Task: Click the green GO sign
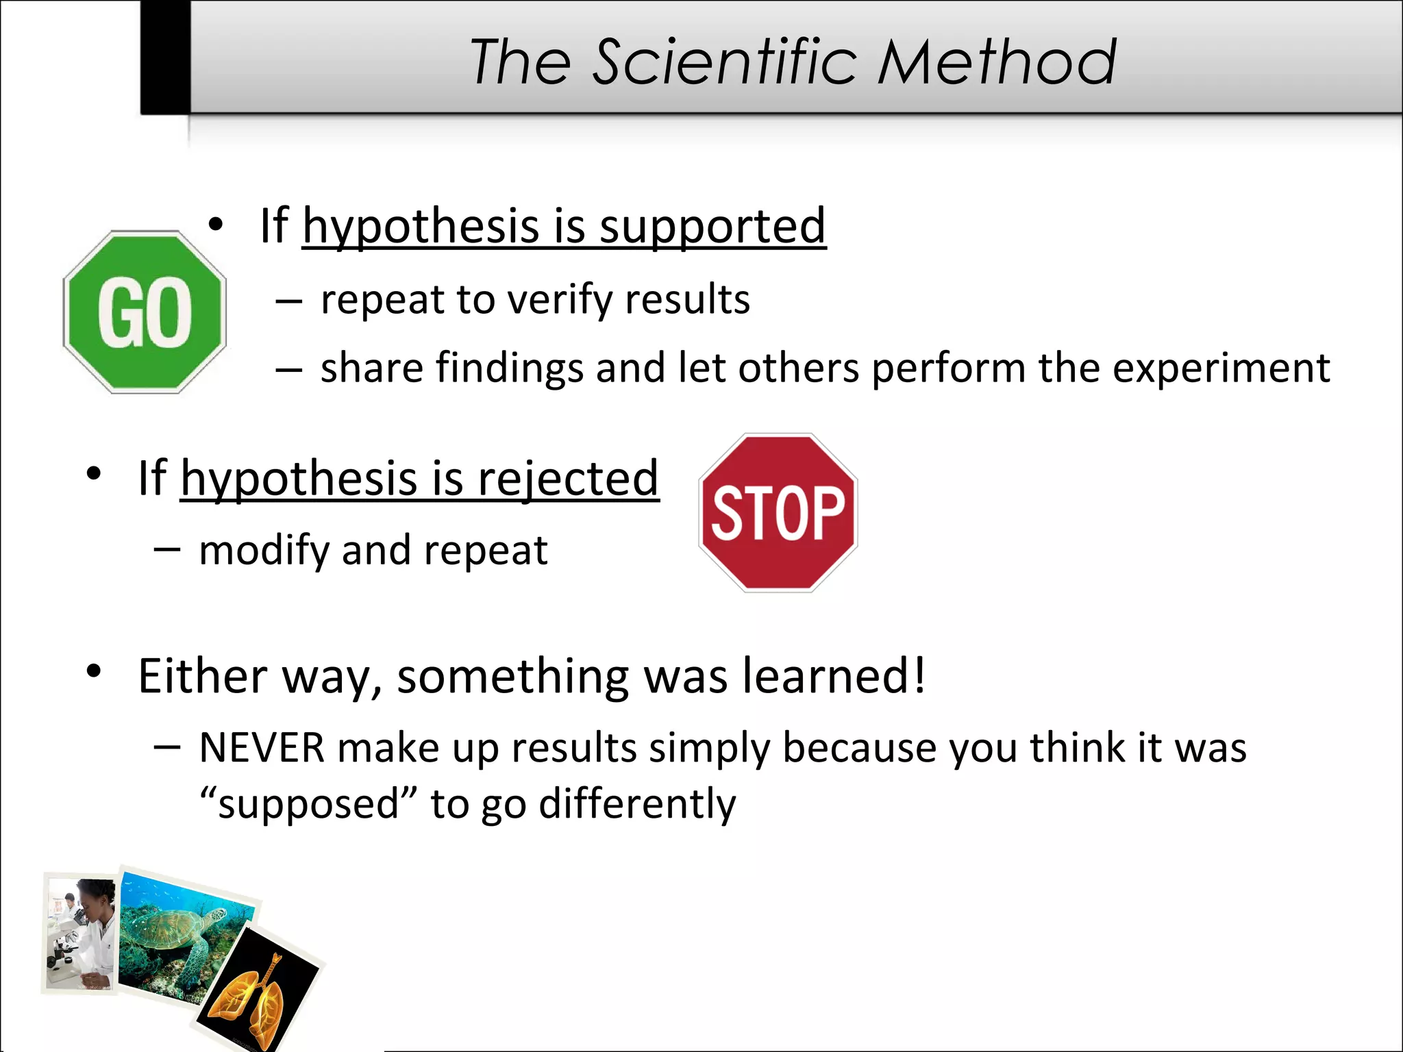click(145, 312)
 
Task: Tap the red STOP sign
click(778, 512)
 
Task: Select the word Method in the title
click(997, 62)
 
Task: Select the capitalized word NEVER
click(262, 747)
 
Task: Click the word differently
click(637, 803)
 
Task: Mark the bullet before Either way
click(94, 672)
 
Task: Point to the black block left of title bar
click(165, 57)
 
